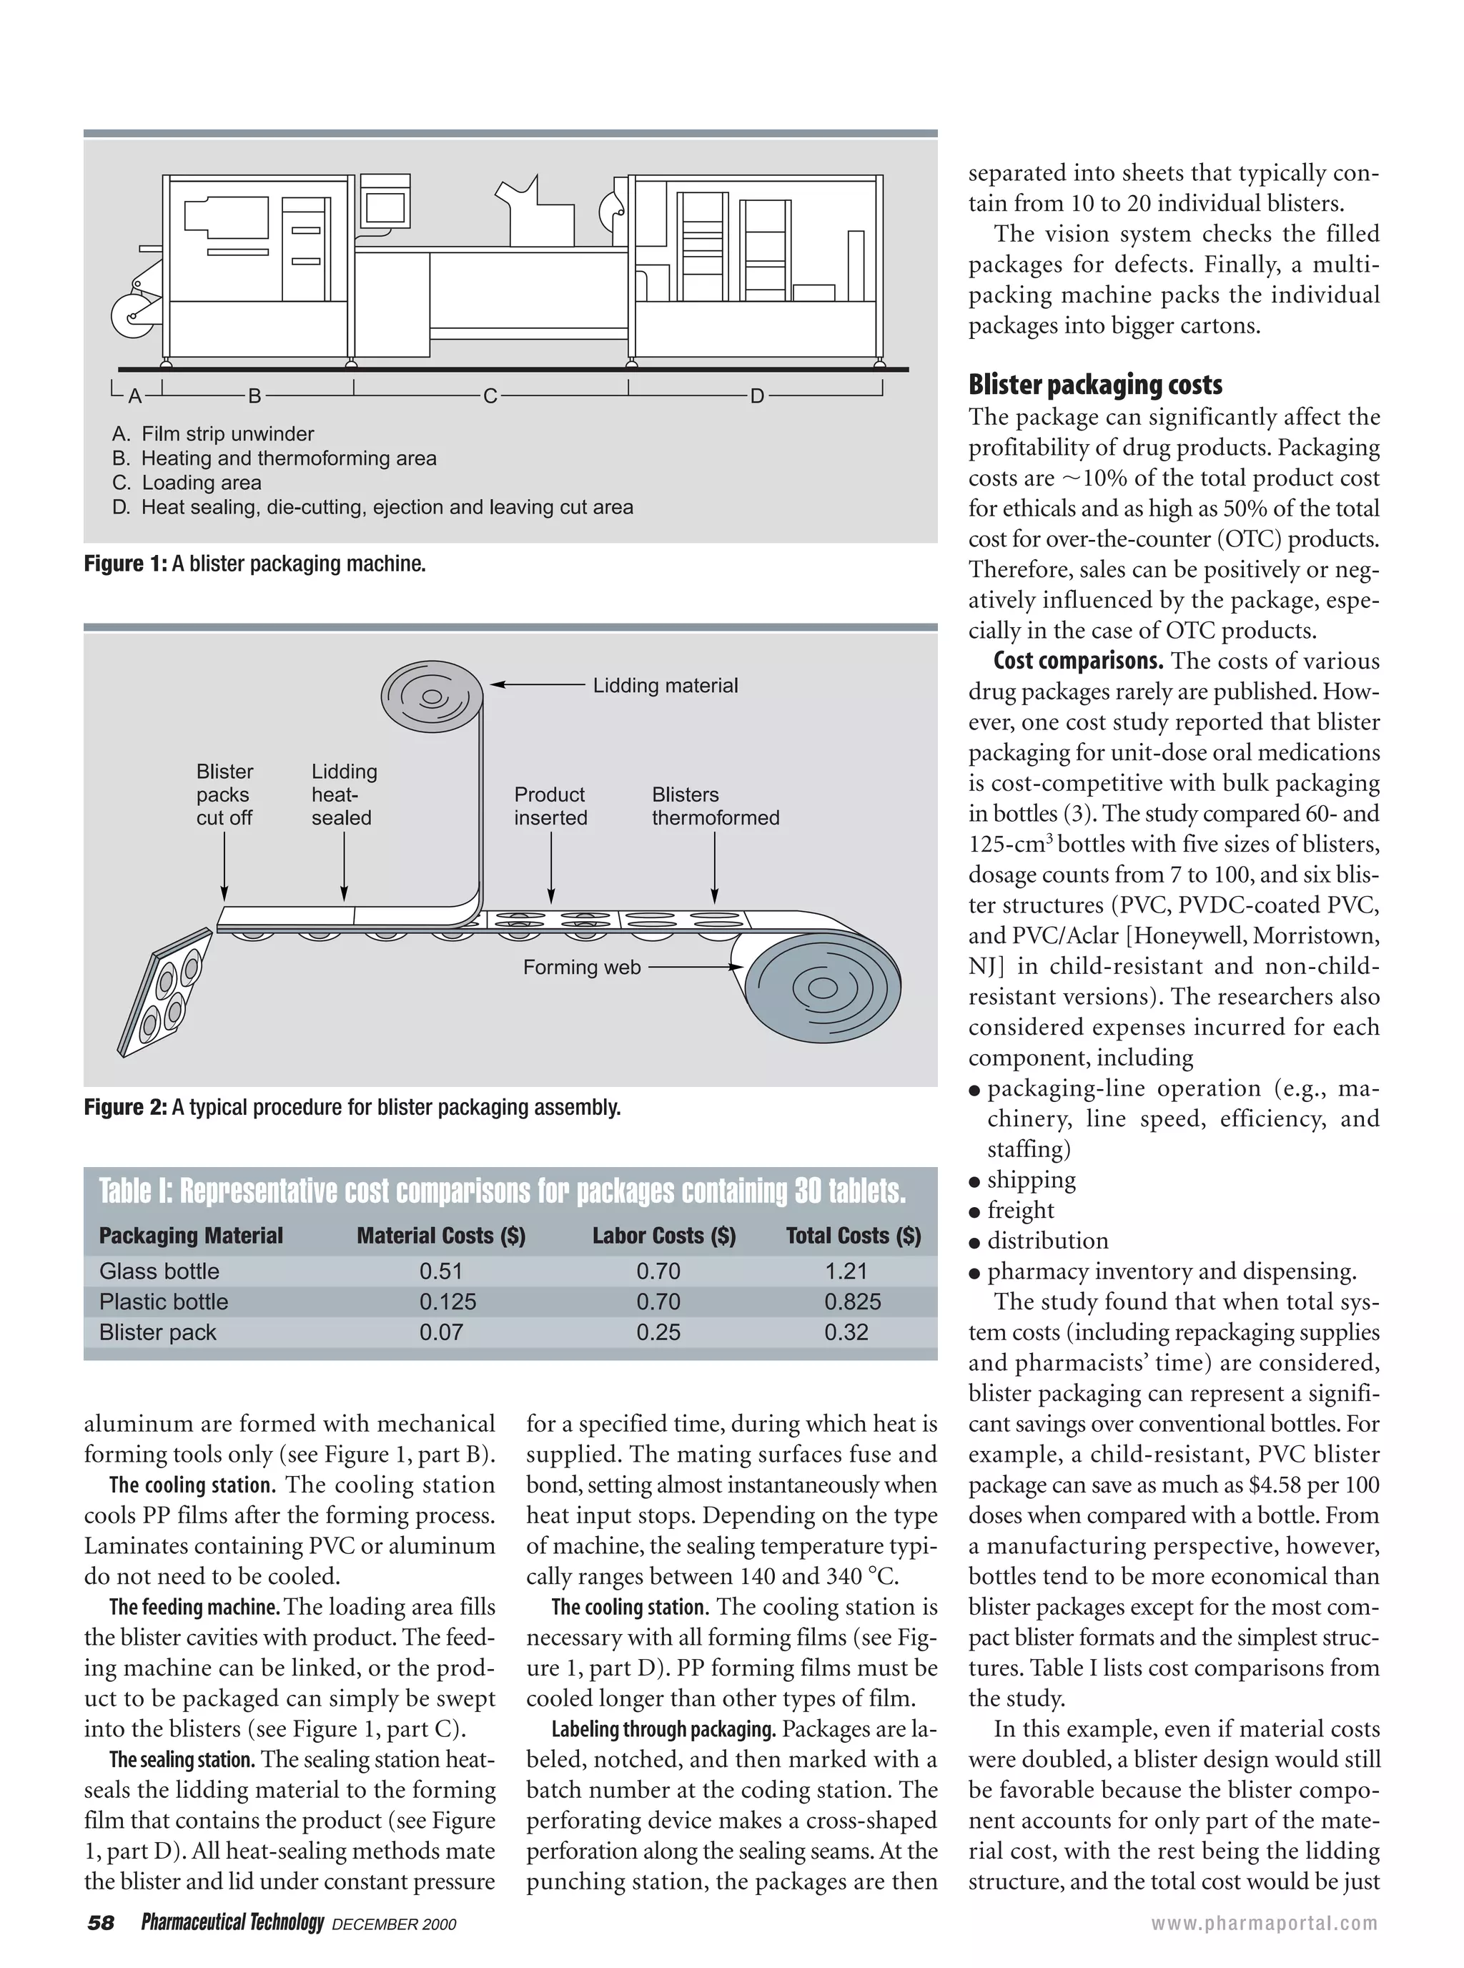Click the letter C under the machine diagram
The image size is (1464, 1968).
pos(490,396)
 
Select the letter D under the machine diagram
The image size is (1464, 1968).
pos(757,396)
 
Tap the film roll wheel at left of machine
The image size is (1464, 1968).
pos(134,315)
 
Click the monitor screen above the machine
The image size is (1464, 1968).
pos(385,207)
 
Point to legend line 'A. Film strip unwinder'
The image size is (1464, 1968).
pos(213,433)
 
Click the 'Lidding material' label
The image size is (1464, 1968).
pos(665,685)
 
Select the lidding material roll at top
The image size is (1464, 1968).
pos(432,696)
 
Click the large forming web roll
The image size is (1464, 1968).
pos(822,987)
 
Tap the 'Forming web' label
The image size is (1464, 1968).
pos(581,967)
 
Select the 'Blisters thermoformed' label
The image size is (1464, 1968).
pos(715,806)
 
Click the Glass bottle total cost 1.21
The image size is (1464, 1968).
pos(846,1271)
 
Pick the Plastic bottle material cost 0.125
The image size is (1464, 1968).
pos(447,1302)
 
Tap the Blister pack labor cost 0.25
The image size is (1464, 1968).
pos(658,1332)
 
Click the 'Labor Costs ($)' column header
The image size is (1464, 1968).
pos(664,1236)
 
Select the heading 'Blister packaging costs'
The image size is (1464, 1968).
pos(1095,385)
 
